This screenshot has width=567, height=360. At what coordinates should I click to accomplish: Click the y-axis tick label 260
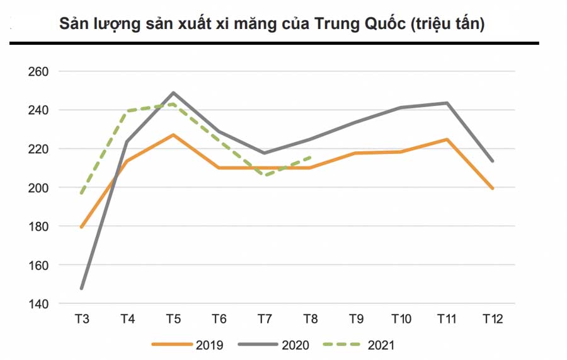pyautogui.click(x=38, y=71)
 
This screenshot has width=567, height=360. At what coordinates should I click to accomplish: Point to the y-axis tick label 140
pyautogui.click(x=38, y=304)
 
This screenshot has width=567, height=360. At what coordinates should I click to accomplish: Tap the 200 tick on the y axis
pyautogui.click(x=38, y=188)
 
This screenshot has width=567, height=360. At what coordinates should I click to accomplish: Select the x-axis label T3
pyautogui.click(x=82, y=319)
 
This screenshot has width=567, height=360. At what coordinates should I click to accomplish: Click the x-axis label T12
pyautogui.click(x=493, y=319)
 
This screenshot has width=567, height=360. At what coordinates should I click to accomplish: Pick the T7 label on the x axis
pyautogui.click(x=265, y=319)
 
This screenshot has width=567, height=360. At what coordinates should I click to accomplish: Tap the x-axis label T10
pyautogui.click(x=401, y=319)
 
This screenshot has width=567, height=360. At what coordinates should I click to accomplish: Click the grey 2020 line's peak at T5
pyautogui.click(x=173, y=93)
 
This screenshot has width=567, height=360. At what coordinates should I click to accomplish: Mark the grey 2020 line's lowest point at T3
pyautogui.click(x=82, y=288)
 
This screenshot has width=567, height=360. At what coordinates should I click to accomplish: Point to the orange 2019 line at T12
pyautogui.click(x=493, y=189)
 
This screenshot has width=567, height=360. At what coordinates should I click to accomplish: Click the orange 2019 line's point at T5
pyautogui.click(x=173, y=135)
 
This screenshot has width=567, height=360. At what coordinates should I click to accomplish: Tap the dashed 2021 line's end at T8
pyautogui.click(x=310, y=158)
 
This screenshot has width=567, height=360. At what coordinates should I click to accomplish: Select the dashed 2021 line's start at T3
pyautogui.click(x=82, y=193)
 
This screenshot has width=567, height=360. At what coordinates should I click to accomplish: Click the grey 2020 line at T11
pyautogui.click(x=447, y=103)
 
